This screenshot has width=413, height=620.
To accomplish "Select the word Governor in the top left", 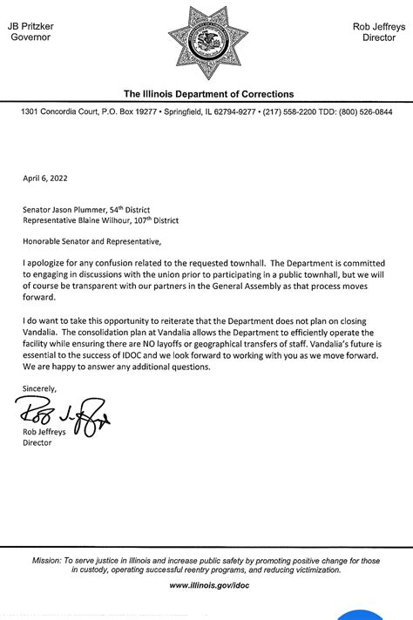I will coord(30,38).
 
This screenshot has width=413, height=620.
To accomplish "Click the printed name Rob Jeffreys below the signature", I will coord(51,431).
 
